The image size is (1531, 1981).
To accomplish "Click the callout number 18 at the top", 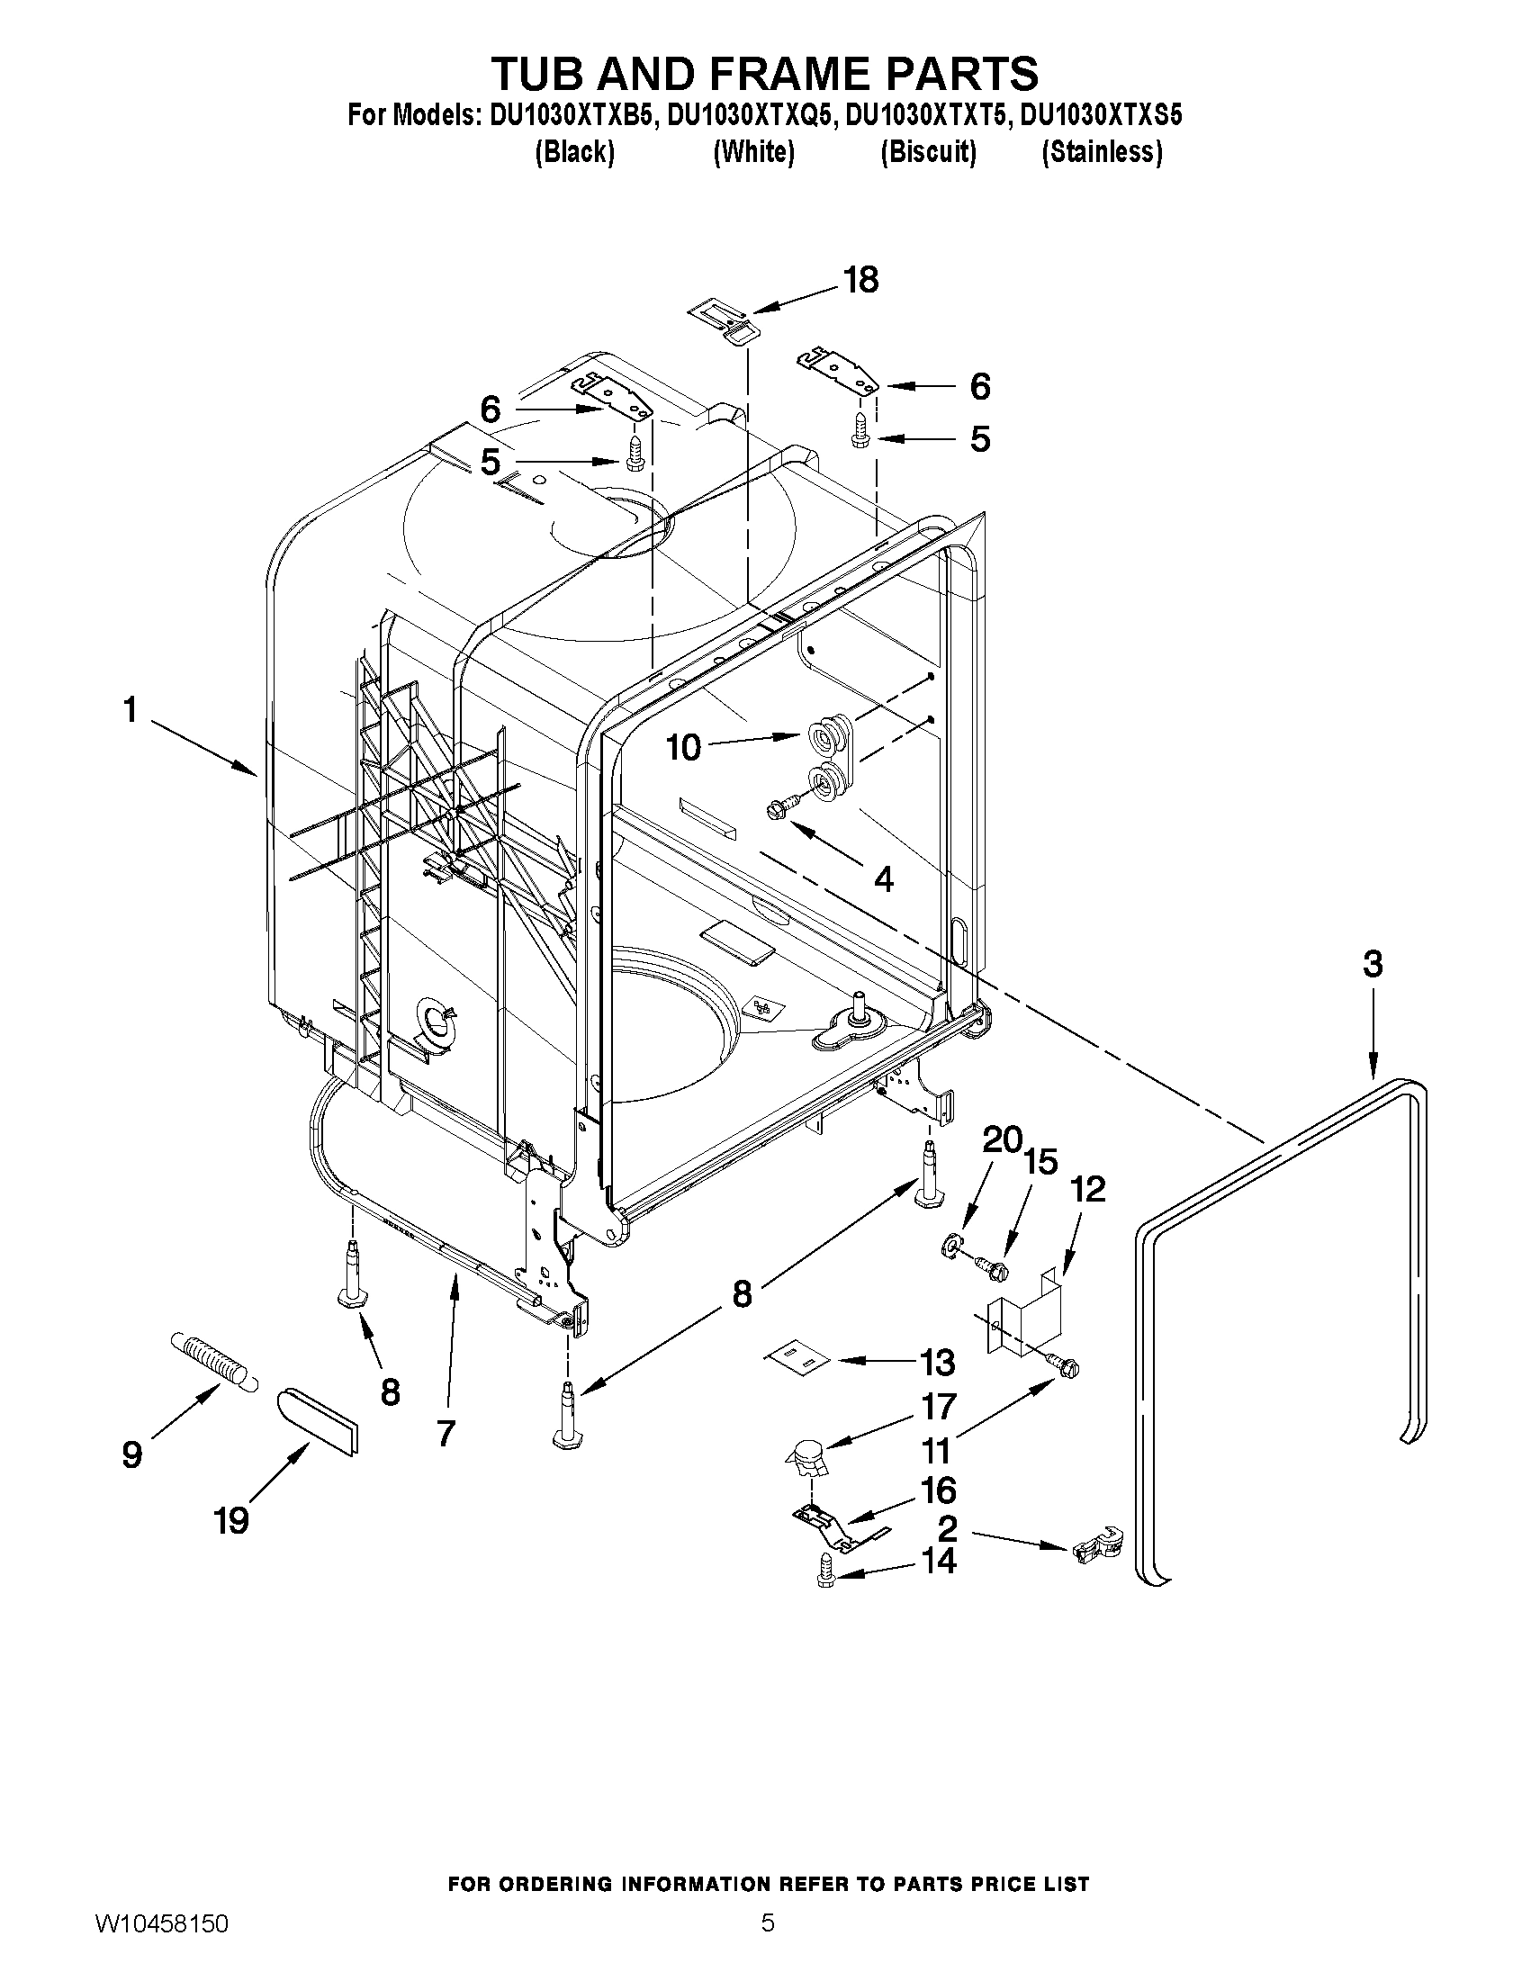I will (860, 280).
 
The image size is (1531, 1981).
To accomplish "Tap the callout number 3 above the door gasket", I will (1373, 964).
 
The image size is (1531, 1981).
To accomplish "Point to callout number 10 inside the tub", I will (684, 748).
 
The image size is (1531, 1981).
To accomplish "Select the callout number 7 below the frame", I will (446, 1433).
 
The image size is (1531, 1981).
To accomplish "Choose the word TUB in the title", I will (549, 73).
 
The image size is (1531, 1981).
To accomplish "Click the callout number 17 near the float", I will (939, 1406).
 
